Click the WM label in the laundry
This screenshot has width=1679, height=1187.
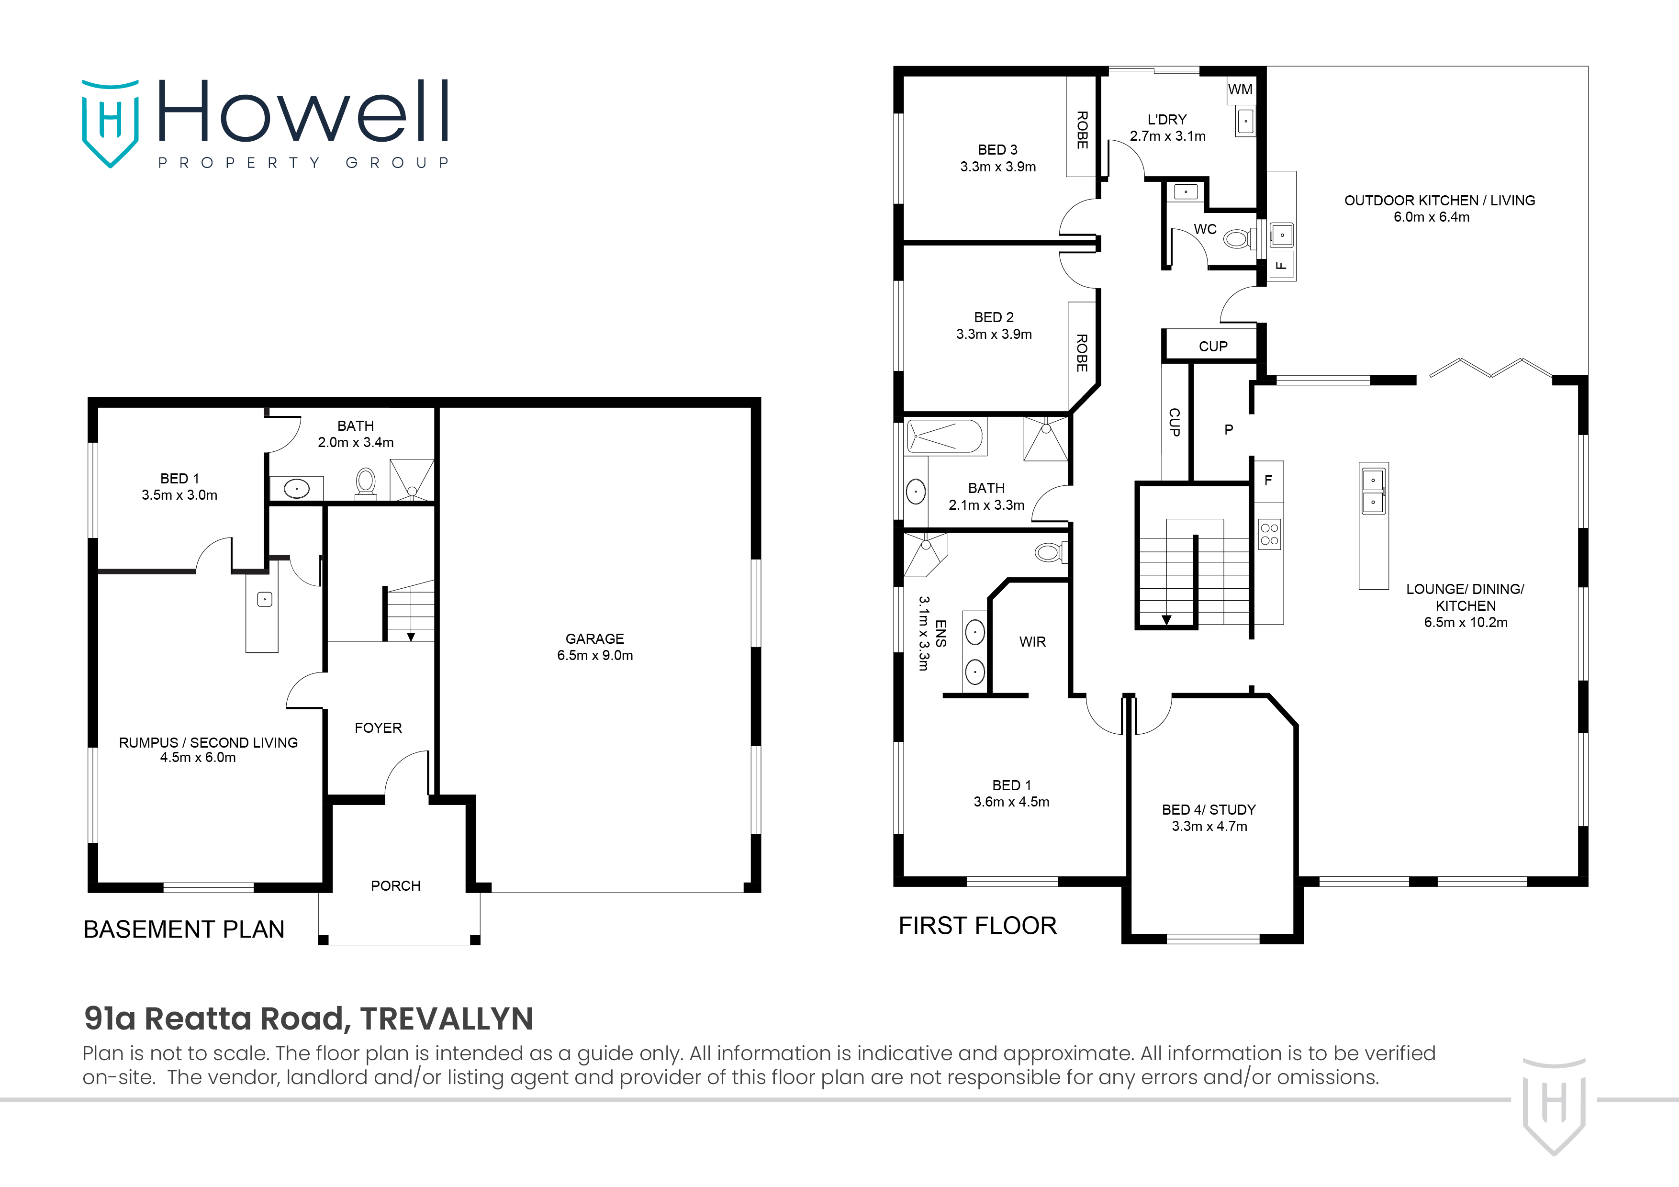(x=1240, y=90)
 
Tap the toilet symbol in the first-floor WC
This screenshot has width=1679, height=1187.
(x=1237, y=238)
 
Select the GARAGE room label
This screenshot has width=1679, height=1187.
(x=594, y=638)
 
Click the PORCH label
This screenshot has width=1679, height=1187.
(x=396, y=885)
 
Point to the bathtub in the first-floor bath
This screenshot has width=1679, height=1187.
(x=945, y=437)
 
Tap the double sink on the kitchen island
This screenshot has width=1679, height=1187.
(x=1373, y=491)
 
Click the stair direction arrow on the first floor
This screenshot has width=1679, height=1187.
(x=1166, y=620)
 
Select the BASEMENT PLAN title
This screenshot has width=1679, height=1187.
(x=183, y=929)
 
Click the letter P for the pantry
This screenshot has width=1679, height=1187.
(x=1229, y=430)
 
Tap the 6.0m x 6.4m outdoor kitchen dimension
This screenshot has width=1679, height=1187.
(x=1431, y=217)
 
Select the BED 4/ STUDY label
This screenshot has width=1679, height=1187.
(x=1209, y=810)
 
